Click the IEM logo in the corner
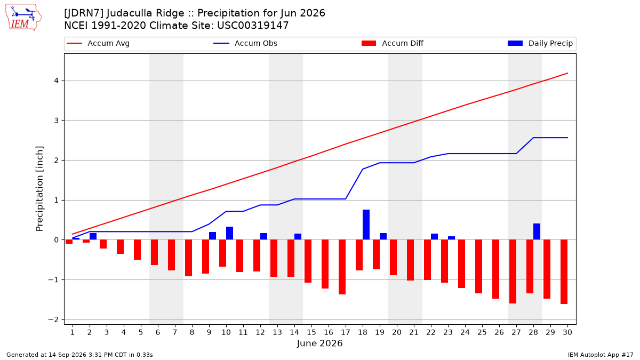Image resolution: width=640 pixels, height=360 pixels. [23, 18]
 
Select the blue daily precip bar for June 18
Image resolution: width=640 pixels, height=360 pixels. [366, 225]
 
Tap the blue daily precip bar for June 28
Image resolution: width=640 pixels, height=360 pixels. [537, 231]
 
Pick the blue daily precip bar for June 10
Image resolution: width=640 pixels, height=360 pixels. [229, 233]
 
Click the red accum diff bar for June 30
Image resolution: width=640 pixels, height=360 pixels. [564, 271]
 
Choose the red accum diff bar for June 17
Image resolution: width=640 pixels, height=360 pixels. [342, 267]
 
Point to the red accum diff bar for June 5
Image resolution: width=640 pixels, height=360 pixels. [137, 250]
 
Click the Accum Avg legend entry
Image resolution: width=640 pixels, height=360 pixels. [98, 43]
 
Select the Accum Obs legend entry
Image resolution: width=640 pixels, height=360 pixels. [245, 43]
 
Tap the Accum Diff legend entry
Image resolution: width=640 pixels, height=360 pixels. [393, 43]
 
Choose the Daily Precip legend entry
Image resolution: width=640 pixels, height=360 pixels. [540, 43]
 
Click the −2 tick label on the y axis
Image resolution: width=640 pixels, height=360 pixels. [53, 319]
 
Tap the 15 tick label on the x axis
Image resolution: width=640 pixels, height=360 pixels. [311, 332]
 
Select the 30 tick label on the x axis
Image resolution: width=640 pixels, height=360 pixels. [567, 332]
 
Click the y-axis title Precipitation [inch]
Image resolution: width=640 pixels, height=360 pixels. [39, 189]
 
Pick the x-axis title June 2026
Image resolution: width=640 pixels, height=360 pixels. [319, 343]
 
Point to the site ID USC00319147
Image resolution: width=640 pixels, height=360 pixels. [253, 26]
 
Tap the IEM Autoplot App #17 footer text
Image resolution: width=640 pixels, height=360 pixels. [601, 355]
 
